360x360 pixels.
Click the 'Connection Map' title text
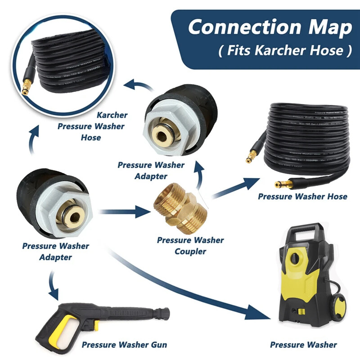tap(270, 27)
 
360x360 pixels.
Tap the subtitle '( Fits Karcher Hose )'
tap(284, 50)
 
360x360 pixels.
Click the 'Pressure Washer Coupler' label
tap(190, 245)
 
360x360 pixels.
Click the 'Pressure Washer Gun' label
tap(124, 345)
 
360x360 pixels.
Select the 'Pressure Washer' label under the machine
tap(303, 345)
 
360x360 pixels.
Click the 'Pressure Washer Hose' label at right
tap(302, 197)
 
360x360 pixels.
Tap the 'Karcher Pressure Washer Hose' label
tap(91, 126)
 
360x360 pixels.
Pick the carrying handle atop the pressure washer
tap(305, 233)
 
